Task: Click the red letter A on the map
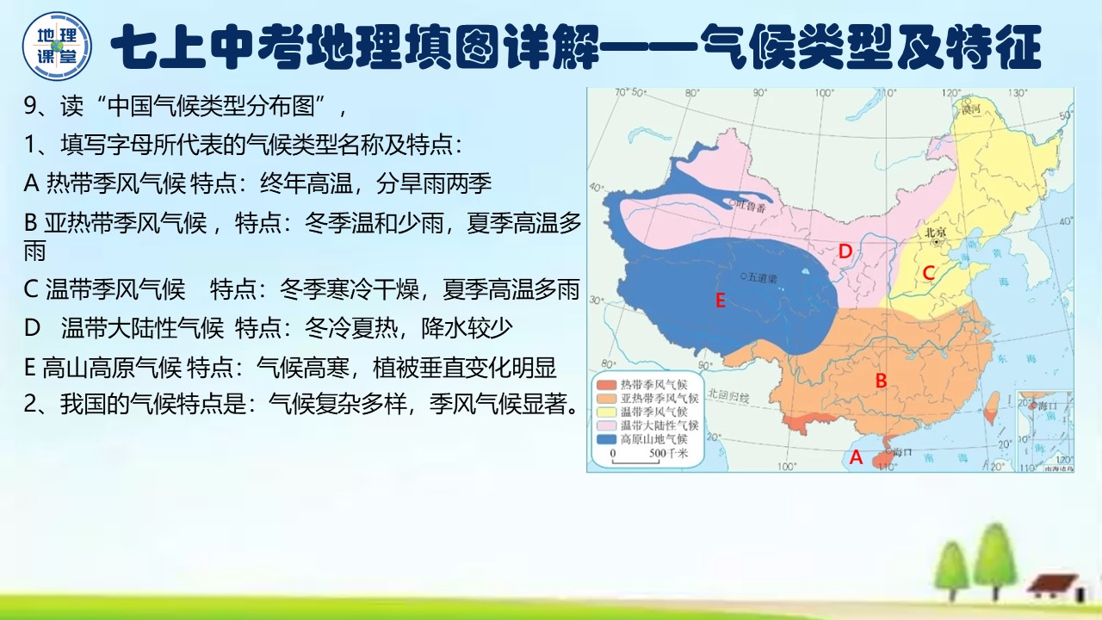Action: coord(856,458)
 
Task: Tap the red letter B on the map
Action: coord(881,380)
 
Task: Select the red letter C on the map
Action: coord(928,273)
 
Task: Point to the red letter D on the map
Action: coord(845,251)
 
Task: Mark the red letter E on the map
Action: coord(721,301)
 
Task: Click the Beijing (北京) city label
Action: coord(935,232)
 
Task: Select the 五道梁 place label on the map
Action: coord(762,278)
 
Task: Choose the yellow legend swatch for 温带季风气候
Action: coord(604,412)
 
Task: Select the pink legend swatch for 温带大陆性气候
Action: coord(604,425)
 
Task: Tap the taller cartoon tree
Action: coord(995,559)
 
